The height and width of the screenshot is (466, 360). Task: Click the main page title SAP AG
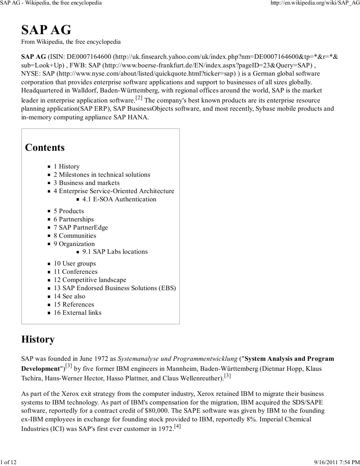[x=46, y=30]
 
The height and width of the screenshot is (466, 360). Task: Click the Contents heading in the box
[x=45, y=148]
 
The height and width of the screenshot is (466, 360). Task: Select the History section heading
[x=38, y=339]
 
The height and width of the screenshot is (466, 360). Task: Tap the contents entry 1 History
[x=66, y=166]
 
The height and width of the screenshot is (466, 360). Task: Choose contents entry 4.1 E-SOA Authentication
[x=119, y=199]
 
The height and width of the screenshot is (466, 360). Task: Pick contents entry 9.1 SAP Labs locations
[x=115, y=251]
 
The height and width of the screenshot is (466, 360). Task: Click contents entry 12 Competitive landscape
[x=90, y=280]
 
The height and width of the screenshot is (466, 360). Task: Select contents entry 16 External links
[x=77, y=312]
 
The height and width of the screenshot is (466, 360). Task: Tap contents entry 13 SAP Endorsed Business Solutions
[x=115, y=288]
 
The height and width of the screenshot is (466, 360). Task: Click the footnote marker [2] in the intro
[x=139, y=97]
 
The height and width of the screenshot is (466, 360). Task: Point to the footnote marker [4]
[x=177, y=426]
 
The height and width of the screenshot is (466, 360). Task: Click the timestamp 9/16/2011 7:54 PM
[x=337, y=462]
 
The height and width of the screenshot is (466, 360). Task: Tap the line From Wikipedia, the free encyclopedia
[x=71, y=42]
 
